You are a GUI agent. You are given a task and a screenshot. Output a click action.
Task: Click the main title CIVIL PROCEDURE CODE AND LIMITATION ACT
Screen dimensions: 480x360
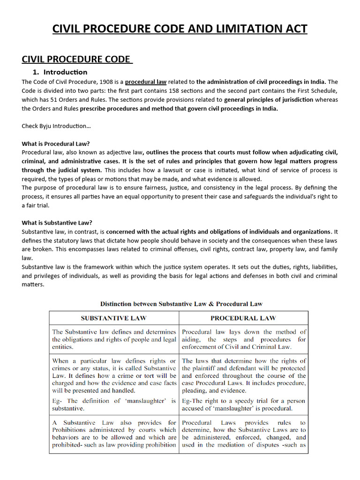(x=180, y=29)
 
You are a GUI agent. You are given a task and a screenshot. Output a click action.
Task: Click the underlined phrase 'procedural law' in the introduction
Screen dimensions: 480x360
(x=146, y=82)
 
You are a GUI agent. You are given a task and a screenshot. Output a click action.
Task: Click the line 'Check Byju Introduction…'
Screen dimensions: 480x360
(x=56, y=126)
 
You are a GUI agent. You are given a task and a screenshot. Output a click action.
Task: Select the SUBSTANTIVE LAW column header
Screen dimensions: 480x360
(x=113, y=318)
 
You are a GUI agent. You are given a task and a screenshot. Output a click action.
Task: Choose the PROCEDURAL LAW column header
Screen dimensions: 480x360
(x=243, y=318)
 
